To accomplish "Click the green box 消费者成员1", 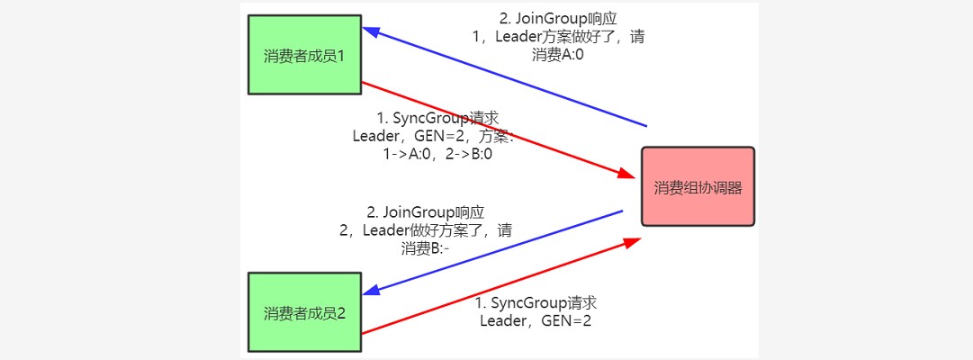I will point(304,55).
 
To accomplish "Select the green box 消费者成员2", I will point(304,312).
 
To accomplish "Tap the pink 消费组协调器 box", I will point(698,186).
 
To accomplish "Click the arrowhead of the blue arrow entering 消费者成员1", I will point(370,31).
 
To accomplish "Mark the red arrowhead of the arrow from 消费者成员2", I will point(635,241).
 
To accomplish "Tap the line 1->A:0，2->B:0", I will point(437,154).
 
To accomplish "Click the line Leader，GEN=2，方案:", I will point(433,136).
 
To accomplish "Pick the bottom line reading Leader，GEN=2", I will point(536,320).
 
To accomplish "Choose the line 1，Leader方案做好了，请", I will point(558,38).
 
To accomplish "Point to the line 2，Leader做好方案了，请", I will point(426,230).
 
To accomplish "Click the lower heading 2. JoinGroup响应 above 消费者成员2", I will point(426,212).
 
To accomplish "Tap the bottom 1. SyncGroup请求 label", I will point(536,302).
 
